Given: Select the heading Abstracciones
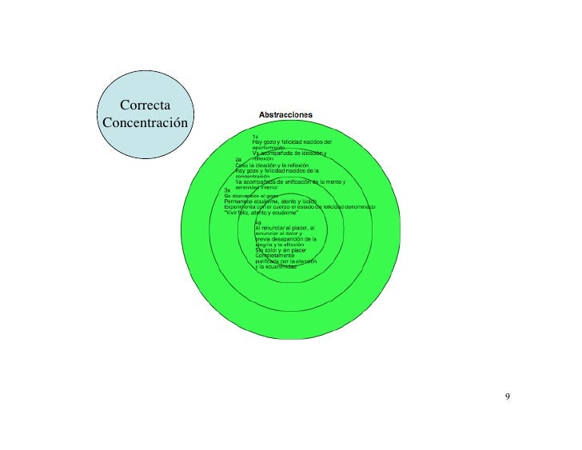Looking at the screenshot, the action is point(285,115).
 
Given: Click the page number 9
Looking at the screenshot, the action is point(508,397).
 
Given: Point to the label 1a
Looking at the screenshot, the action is point(256,136).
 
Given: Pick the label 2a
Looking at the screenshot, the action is point(238,160).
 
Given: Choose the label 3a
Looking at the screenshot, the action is point(228,190).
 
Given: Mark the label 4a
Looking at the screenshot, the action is point(258,222).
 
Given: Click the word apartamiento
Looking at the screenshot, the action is point(269,148).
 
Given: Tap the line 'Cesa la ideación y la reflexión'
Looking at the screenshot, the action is point(277,165).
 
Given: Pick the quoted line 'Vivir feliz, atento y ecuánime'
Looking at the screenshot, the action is point(261,213).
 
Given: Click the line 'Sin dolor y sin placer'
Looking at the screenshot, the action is point(281,250).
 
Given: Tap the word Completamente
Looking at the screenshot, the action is point(276,256).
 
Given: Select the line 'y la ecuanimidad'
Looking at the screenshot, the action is point(276,267).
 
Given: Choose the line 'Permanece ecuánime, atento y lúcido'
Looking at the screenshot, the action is point(271,201).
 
